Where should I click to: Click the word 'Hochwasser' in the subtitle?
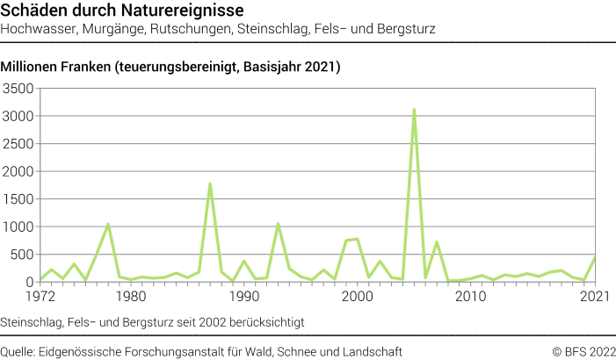[x=36, y=29]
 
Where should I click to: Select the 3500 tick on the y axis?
[x=18, y=89]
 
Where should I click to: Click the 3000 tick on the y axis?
[x=18, y=116]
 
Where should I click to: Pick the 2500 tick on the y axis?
[x=18, y=144]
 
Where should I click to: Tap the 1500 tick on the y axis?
[x=18, y=199]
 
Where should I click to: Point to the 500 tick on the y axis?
[x=22, y=255]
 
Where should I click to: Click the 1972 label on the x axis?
[x=40, y=296]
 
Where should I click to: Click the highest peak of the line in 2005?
[x=414, y=110]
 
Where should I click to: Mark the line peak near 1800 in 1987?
[x=210, y=184]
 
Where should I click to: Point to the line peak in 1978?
[x=108, y=224]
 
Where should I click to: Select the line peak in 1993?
[x=278, y=223]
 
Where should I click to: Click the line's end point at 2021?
[x=595, y=258]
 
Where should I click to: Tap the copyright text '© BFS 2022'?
[x=583, y=351]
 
